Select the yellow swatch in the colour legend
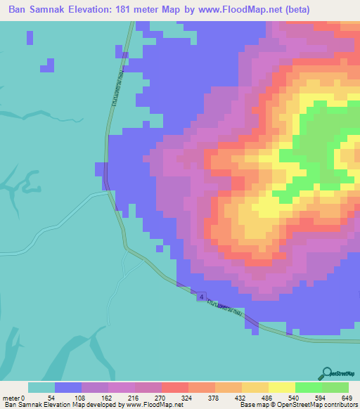click(x=282, y=387)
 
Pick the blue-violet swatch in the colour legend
click(x=68, y=387)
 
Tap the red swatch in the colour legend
click(x=175, y=387)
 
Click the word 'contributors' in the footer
click(x=339, y=405)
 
